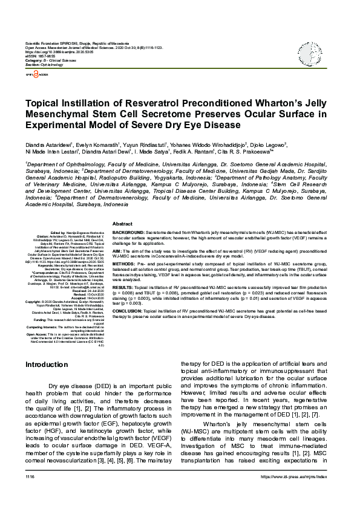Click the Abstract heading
tap(123, 224)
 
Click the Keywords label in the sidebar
tap(47, 265)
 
